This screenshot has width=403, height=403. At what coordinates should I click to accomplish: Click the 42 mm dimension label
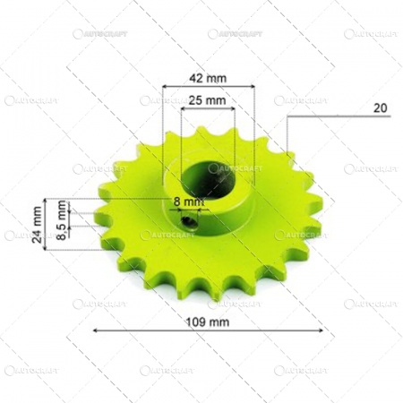208,77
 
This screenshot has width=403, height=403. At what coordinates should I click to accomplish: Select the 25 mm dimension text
208,100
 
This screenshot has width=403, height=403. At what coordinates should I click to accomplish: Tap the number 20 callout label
380,107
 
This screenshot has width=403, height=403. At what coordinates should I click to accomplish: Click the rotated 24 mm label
37,220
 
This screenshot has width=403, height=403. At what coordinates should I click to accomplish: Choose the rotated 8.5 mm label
61,221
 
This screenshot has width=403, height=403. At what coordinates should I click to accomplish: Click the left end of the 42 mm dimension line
164,88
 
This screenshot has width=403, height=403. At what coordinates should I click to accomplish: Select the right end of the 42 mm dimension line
255,88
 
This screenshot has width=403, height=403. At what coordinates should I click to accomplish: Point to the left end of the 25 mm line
182,110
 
